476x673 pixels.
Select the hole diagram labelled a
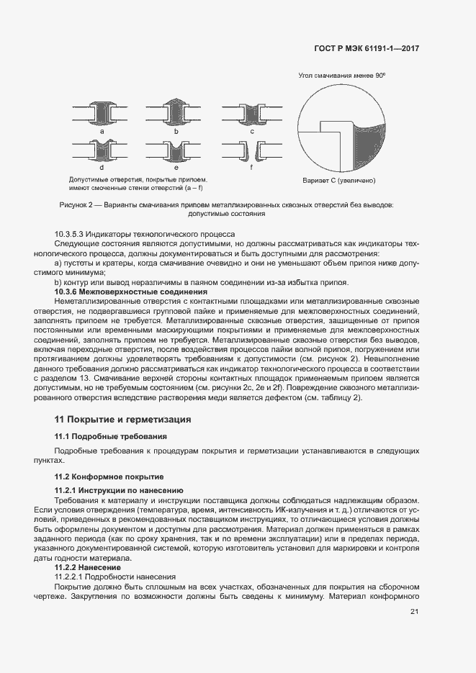(103, 114)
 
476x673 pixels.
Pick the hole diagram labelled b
(176, 113)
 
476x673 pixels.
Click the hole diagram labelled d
(103, 150)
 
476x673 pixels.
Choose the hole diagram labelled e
(176, 150)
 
